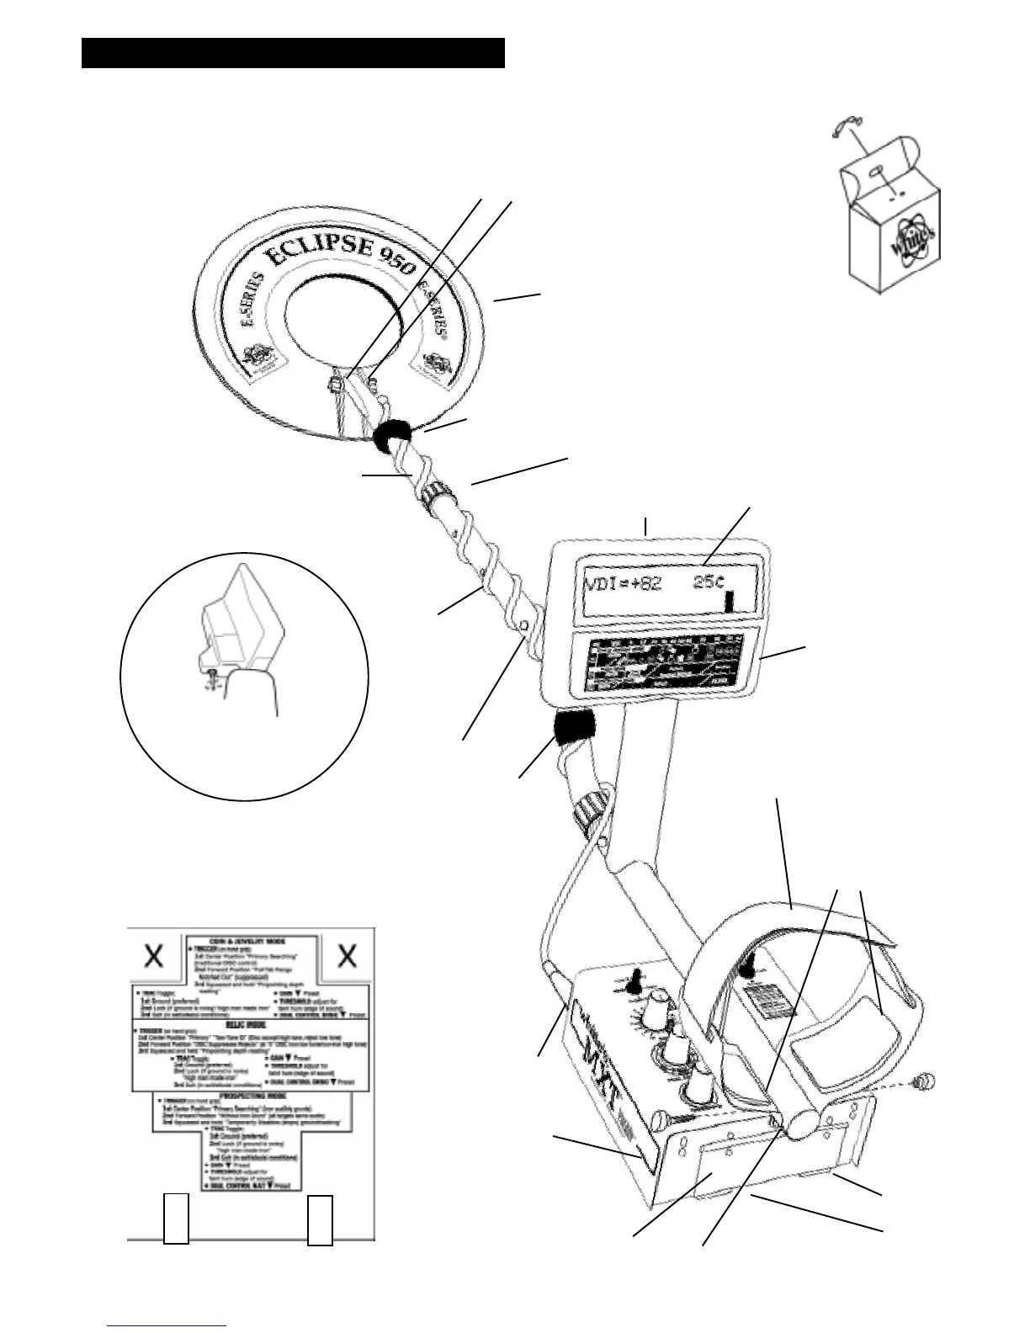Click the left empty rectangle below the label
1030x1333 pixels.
tap(176, 1219)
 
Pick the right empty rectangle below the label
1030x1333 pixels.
tap(320, 1219)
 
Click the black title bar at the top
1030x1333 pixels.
tap(293, 52)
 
